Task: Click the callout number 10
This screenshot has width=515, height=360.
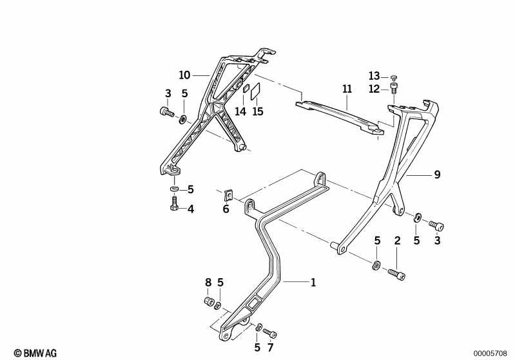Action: [x=184, y=75]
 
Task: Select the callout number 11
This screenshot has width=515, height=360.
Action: [x=347, y=89]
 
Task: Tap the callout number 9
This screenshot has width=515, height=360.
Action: [x=437, y=175]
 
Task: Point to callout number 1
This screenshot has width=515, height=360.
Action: [x=313, y=282]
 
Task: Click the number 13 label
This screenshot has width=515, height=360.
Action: [x=374, y=76]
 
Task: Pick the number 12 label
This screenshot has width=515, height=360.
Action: [x=374, y=89]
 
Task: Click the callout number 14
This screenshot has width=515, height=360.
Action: [x=240, y=111]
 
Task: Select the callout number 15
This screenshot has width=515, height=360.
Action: [x=258, y=111]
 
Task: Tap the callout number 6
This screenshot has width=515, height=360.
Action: [x=226, y=209]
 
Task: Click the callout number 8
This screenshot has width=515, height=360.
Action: [x=208, y=282]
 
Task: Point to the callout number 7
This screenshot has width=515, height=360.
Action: [x=270, y=348]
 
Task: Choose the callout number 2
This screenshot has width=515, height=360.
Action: [x=398, y=241]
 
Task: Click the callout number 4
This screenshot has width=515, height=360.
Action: [x=191, y=209]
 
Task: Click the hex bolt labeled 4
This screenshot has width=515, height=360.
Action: [x=174, y=204]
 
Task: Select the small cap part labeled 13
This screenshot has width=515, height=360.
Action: [x=394, y=77]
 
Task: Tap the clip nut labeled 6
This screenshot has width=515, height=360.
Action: [x=229, y=195]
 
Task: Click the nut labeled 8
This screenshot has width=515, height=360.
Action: [x=209, y=301]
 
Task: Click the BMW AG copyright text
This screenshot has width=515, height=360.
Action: [x=35, y=353]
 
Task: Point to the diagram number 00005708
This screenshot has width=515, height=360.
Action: [x=490, y=354]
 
